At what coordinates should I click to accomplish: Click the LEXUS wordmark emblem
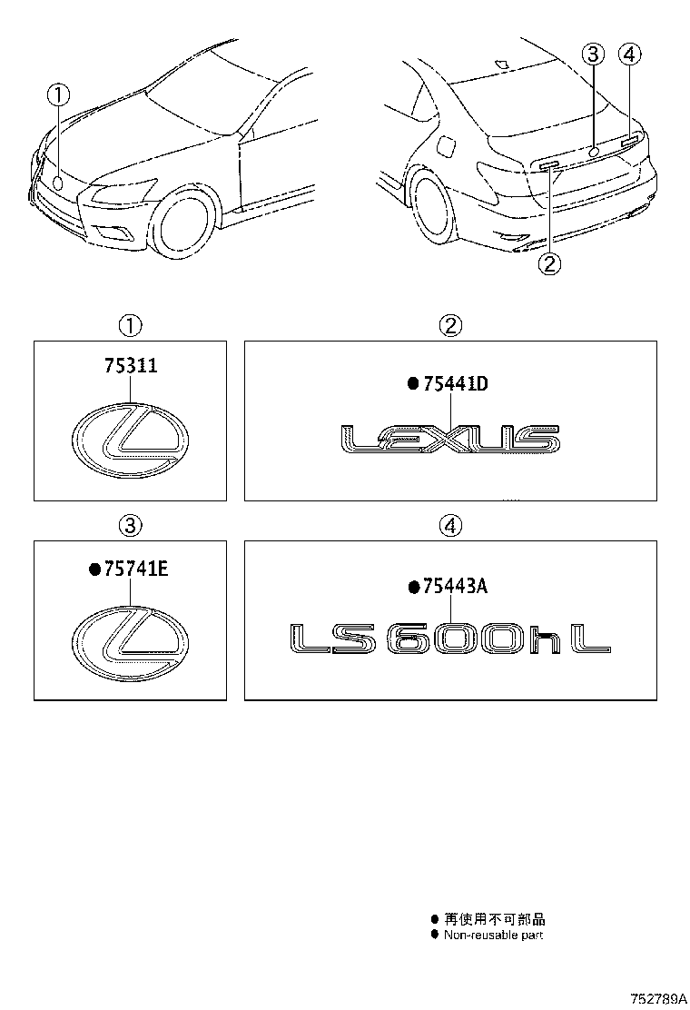click(450, 439)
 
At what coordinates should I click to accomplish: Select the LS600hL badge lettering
click(450, 639)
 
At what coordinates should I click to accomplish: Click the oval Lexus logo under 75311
click(130, 440)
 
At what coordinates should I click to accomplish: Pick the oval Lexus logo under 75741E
click(130, 640)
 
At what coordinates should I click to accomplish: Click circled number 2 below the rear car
click(550, 264)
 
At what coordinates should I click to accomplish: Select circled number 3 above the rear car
click(593, 54)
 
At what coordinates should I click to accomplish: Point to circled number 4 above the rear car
click(630, 54)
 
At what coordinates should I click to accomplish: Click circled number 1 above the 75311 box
click(130, 324)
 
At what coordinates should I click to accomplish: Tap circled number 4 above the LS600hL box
click(450, 525)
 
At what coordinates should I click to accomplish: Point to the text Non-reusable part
click(493, 935)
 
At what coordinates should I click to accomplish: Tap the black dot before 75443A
click(414, 588)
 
